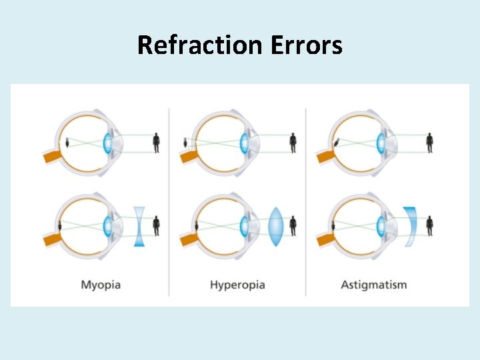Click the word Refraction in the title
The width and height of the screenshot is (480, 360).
tap(201, 45)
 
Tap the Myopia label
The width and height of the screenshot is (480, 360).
tap(101, 285)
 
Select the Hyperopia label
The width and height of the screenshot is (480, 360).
tap(237, 285)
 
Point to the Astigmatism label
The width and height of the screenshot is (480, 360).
tap(373, 285)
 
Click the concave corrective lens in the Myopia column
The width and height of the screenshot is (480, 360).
tap(139, 226)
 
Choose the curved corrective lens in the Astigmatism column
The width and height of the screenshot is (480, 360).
tap(411, 226)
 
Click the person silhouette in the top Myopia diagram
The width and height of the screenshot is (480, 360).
tap(157, 143)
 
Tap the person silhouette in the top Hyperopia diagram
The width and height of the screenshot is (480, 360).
tap(293, 143)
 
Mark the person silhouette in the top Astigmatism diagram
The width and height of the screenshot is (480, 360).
tap(429, 143)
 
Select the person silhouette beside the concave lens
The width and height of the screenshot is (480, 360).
tap(157, 225)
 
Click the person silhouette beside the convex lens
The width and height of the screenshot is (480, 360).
tap(293, 225)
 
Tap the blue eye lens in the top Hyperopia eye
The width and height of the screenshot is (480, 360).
tap(244, 143)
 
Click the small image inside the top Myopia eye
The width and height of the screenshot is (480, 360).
tap(67, 143)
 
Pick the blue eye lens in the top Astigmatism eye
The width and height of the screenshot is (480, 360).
tap(381, 143)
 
